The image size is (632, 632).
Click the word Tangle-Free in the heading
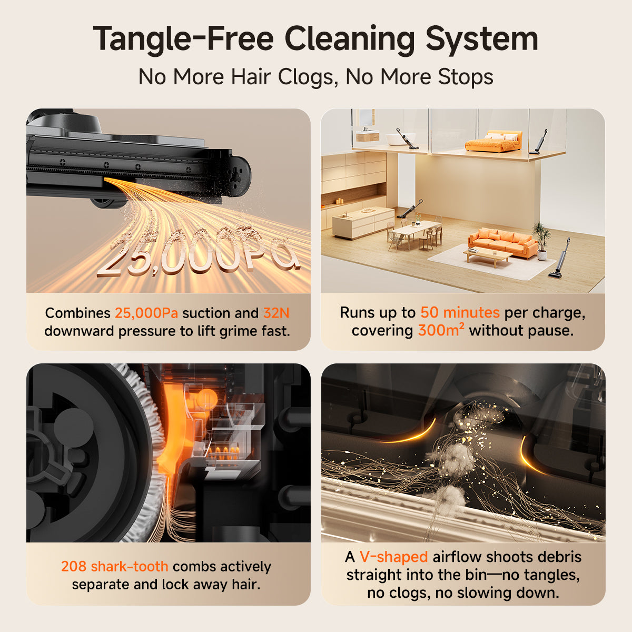pyautogui.click(x=184, y=39)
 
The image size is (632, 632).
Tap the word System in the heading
pyautogui.click(x=482, y=39)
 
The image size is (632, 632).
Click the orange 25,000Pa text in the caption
pyautogui.click(x=146, y=313)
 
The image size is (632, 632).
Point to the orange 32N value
pyautogui.click(x=276, y=313)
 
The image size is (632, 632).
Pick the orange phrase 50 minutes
pyautogui.click(x=460, y=312)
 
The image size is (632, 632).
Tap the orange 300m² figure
pyautogui.click(x=441, y=330)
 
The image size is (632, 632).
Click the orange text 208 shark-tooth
pyautogui.click(x=114, y=566)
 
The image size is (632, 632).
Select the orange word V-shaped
pyautogui.click(x=393, y=557)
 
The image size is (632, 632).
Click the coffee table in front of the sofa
pyautogui.click(x=487, y=258)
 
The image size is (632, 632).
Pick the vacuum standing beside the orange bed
pyautogui.click(x=539, y=142)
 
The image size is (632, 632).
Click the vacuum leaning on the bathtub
pyautogui.click(x=407, y=139)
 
